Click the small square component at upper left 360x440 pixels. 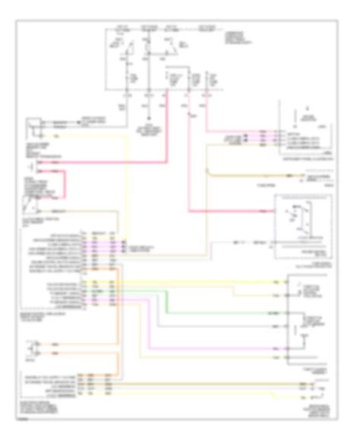pos(35,123)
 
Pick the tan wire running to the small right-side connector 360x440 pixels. pos(251,176)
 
